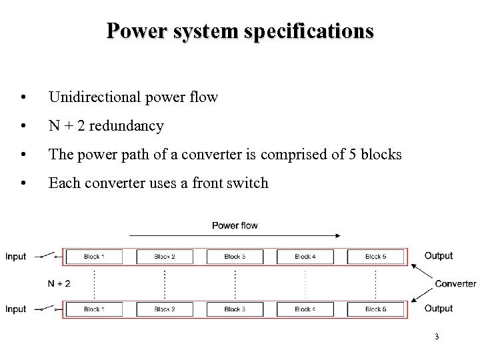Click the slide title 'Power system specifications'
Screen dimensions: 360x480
(x=240, y=31)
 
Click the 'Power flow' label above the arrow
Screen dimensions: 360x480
(x=235, y=225)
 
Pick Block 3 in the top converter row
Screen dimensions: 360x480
(x=235, y=256)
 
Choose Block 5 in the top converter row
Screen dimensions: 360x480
(x=375, y=256)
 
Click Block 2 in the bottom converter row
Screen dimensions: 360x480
(x=165, y=309)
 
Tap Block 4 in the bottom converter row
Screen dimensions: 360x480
(x=305, y=309)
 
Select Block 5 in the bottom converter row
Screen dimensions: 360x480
(x=375, y=309)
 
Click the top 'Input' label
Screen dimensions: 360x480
(x=16, y=257)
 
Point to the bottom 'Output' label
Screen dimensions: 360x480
(x=438, y=309)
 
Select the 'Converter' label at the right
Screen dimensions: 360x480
(x=455, y=283)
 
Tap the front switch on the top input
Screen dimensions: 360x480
(x=47, y=255)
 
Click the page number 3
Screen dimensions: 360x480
(x=436, y=337)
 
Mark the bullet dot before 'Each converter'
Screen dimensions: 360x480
(x=24, y=183)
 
